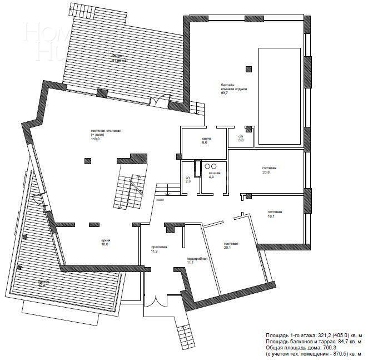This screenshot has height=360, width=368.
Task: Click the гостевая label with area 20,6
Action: (x=269, y=168)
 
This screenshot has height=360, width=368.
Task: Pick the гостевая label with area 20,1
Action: (x=231, y=244)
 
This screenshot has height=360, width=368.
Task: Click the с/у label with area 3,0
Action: (x=241, y=136)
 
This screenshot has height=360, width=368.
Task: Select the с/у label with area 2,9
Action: (x=188, y=177)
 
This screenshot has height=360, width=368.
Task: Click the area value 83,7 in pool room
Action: (x=225, y=93)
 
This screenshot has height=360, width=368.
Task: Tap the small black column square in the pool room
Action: (x=248, y=70)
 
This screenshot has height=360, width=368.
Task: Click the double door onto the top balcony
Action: (x=160, y=101)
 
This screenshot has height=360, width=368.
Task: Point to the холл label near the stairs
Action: (x=160, y=199)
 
